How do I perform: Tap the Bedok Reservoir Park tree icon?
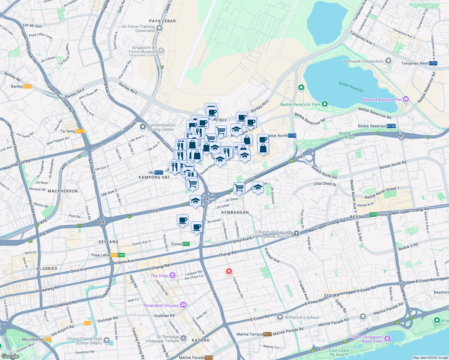tap(324, 104)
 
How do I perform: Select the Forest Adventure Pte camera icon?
tap(406, 99)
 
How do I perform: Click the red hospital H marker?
tap(229, 271)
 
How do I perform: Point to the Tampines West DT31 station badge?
tap(433, 63)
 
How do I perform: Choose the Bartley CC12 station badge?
tap(27, 86)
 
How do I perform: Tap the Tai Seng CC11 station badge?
tap(80, 131)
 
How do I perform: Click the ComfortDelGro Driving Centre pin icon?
tap(143, 127)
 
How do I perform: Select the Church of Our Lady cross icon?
tap(297, 233)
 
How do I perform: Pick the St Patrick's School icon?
tap(280, 317)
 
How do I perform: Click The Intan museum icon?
tap(173, 275)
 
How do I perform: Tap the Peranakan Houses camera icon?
tap(183, 305)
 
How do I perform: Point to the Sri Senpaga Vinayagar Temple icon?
tap(183, 338)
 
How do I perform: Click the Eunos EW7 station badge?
tap(186, 244)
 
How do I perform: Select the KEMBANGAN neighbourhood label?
tap(235, 212)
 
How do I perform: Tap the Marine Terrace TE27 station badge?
tap(267, 334)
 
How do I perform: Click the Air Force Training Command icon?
tap(159, 28)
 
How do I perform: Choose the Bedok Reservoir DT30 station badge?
tap(391, 126)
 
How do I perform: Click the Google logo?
tap(10, 356)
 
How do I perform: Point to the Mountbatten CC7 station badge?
tap(48, 339)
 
